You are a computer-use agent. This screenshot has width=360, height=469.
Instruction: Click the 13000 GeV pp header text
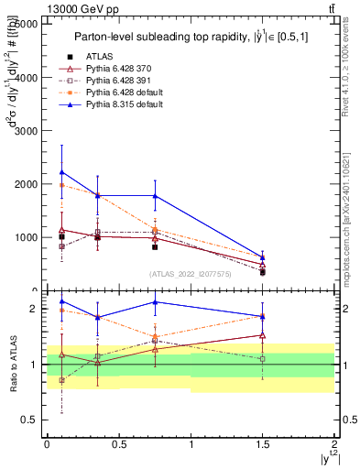38,8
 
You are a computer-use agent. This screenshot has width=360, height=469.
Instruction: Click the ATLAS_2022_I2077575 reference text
191,273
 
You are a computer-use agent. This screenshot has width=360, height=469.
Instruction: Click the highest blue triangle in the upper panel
61,172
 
